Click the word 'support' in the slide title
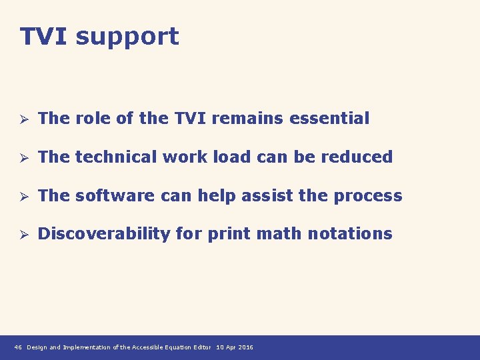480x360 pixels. (127, 37)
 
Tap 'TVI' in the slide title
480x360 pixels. (44, 36)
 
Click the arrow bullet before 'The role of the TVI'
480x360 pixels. (21, 119)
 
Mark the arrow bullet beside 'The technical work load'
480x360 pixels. (21, 158)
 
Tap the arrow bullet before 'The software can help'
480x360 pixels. (21, 197)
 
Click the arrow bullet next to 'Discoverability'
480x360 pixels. (21, 235)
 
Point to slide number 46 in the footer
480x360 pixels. (18, 347)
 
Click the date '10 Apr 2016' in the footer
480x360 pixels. (235, 347)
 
